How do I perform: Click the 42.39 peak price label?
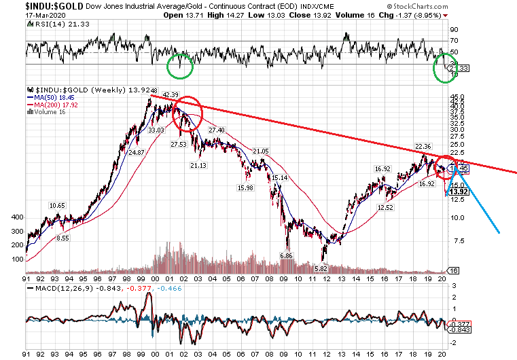[170, 94]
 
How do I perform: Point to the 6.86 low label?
[288, 255]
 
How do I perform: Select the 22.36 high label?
[423, 146]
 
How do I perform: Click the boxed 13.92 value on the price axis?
[459, 192]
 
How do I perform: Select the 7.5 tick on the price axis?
[457, 240]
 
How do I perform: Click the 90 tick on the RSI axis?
[454, 30]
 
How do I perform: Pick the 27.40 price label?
[217, 130]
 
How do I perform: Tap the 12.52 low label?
[385, 207]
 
